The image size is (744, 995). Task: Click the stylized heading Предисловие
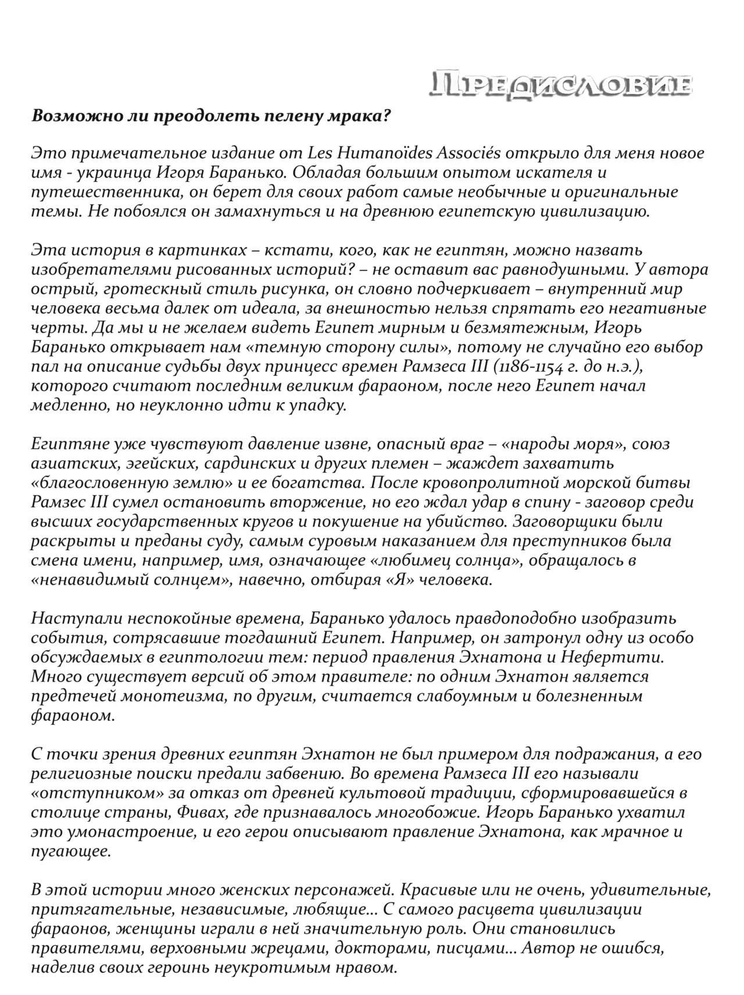(x=560, y=85)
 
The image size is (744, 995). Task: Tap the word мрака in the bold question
(x=355, y=116)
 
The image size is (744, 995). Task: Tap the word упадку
(x=318, y=405)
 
